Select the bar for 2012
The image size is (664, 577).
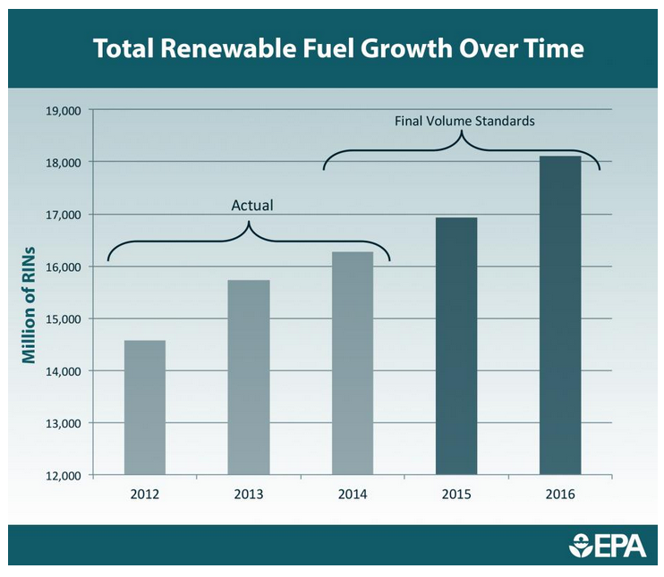[145, 408]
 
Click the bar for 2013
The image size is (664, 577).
[249, 378]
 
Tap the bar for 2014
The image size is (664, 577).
[353, 363]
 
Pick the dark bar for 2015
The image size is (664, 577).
[456, 346]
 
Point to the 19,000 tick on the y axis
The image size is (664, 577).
[63, 111]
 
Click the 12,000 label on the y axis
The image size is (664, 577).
[63, 475]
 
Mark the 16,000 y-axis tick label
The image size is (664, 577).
[63, 267]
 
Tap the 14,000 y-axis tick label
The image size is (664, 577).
[63, 371]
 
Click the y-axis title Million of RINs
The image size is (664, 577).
[29, 304]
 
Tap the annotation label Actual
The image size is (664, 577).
[251, 206]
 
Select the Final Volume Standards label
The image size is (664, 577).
[464, 120]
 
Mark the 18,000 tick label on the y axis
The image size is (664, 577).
[63, 163]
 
